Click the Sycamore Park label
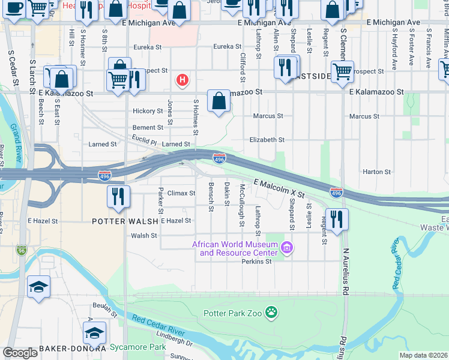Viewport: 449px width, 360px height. pos(137,347)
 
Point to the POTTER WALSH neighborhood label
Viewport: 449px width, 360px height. pos(125,221)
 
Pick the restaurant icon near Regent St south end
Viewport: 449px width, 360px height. pos(337,219)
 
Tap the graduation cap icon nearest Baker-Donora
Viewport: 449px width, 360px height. pos(95,333)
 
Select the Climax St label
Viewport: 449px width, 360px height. pos(181,193)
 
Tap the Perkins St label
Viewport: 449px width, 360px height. pos(256,262)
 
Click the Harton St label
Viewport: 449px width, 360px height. pos(377,172)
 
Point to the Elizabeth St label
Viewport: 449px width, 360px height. pos(267,140)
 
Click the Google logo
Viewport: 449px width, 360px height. pos(20,352)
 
